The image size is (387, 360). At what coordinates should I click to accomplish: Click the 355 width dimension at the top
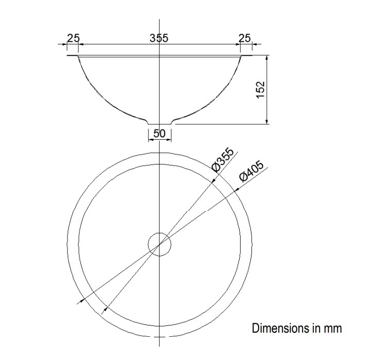coord(159,38)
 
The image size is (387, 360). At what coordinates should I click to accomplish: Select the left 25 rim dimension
coord(74,38)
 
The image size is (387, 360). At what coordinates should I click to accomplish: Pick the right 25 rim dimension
coord(245,38)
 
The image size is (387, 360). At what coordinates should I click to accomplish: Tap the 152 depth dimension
coord(260,89)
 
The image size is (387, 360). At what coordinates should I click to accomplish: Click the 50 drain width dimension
coord(159,134)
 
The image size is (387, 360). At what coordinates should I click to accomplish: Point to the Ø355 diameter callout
coord(223,159)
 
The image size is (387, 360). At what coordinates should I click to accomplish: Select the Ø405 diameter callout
coord(251,171)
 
